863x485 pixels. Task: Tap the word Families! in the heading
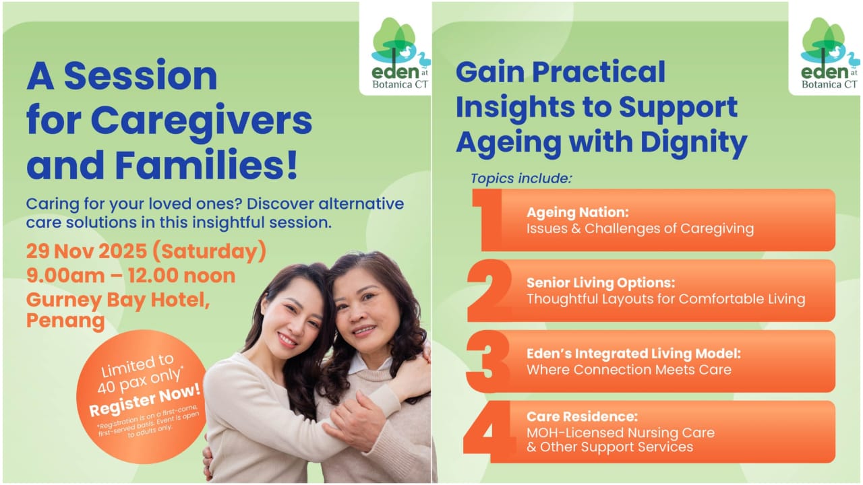[206, 165]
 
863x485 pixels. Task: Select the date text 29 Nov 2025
[87, 251]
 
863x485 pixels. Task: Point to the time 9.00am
[65, 276]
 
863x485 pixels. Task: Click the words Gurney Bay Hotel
[118, 300]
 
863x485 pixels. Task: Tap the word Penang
[65, 321]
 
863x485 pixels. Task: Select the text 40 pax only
[140, 381]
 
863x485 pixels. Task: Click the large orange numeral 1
[487, 220]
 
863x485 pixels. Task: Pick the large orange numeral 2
[489, 290]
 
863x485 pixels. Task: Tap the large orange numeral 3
[487, 361]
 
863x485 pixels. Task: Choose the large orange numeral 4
[489, 432]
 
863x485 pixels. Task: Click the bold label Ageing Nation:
[578, 212]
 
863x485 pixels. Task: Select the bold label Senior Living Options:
[601, 283]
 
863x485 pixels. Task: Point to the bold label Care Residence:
[582, 416]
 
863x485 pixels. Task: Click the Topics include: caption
[521, 179]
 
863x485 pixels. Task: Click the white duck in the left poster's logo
[405, 52]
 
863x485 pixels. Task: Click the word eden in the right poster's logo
[824, 72]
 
